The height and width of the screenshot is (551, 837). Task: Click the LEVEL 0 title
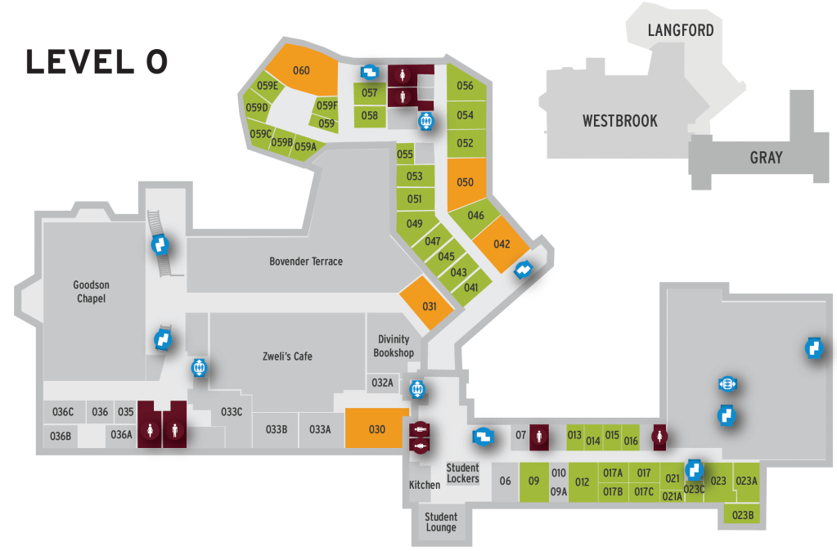(x=97, y=62)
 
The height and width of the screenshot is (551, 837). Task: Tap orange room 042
(x=502, y=244)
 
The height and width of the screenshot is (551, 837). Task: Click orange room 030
(x=376, y=428)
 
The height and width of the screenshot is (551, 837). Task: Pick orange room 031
(x=429, y=305)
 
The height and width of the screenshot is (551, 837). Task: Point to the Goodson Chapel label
(x=91, y=292)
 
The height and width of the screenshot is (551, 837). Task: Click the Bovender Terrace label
(x=306, y=262)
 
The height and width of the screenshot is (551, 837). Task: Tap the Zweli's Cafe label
(x=287, y=356)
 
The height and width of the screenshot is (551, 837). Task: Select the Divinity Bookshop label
(x=394, y=346)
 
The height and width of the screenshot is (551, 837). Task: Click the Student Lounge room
(x=441, y=522)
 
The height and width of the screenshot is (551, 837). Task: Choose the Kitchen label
(x=425, y=485)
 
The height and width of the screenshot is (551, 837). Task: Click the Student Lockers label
(x=463, y=473)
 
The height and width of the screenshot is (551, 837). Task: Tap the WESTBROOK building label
(x=619, y=121)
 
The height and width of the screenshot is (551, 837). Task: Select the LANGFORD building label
(x=681, y=31)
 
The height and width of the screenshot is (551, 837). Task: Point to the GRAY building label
(x=766, y=158)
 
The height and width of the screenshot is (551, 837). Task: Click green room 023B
(x=743, y=515)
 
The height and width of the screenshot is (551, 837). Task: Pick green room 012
(x=583, y=482)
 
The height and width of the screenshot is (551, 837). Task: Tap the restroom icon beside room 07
(x=538, y=437)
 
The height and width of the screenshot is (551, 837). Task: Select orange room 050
(x=466, y=181)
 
